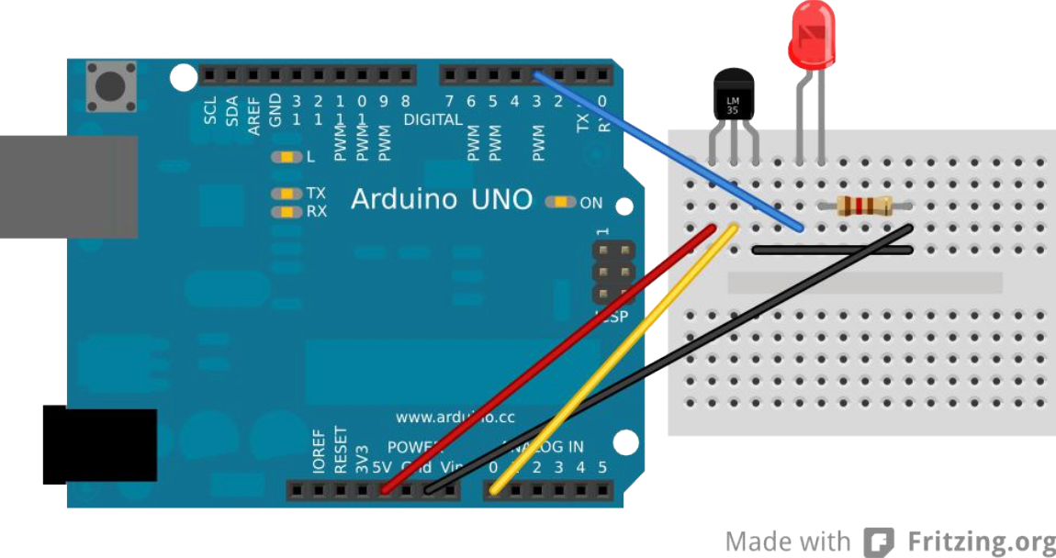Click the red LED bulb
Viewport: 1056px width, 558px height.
coord(812,34)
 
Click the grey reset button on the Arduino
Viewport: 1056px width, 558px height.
coord(110,87)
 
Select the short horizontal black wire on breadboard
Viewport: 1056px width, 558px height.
coord(832,249)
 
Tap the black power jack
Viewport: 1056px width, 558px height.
coord(99,446)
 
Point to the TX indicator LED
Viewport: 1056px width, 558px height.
coord(287,194)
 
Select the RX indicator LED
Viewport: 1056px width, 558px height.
coord(287,212)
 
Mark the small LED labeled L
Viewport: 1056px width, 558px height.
coord(286,157)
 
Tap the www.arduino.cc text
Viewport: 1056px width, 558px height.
coord(455,417)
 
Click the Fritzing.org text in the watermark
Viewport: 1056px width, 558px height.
coord(981,541)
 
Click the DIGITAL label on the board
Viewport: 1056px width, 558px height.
coord(433,120)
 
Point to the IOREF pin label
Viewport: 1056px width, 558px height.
coord(319,450)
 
